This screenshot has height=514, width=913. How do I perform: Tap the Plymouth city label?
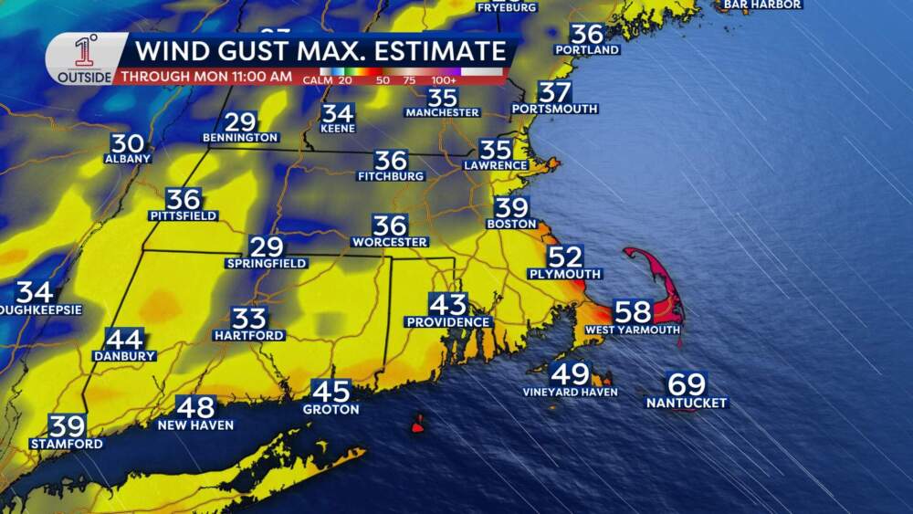tap(565, 274)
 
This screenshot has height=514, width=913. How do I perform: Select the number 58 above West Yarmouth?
tap(633, 311)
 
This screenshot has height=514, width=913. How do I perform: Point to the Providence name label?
tap(448, 322)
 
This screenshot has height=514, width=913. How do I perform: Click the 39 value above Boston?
tap(511, 207)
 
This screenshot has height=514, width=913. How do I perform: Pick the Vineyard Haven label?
tap(571, 392)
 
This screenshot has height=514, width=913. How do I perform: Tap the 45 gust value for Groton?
tap(331, 391)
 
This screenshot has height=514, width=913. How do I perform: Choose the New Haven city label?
tap(195, 425)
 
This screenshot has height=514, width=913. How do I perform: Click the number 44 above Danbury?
tap(124, 339)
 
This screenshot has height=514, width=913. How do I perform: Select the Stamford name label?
tap(67, 444)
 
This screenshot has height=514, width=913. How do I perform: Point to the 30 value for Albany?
tap(128, 143)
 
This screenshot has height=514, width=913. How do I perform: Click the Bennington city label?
tap(241, 138)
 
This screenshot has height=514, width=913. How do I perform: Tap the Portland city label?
tap(587, 49)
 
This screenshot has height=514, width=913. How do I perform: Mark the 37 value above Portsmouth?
tap(554, 92)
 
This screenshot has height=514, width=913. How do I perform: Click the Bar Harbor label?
tap(762, 5)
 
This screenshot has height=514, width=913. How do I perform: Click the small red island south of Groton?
tap(418, 425)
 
